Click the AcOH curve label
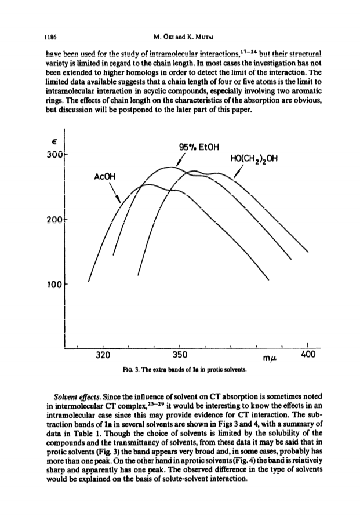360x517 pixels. (x=105, y=177)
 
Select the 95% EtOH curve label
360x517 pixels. (x=198, y=147)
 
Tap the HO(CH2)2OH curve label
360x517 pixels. (x=254, y=159)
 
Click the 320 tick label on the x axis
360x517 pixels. (x=103, y=355)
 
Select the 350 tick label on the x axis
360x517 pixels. (x=180, y=355)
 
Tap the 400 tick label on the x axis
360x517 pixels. (x=308, y=355)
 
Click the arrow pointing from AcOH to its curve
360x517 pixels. (x=115, y=192)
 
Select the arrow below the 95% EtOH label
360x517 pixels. (x=180, y=159)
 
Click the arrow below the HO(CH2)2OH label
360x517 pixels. (x=238, y=172)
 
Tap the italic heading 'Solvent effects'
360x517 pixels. (x=77, y=396)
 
